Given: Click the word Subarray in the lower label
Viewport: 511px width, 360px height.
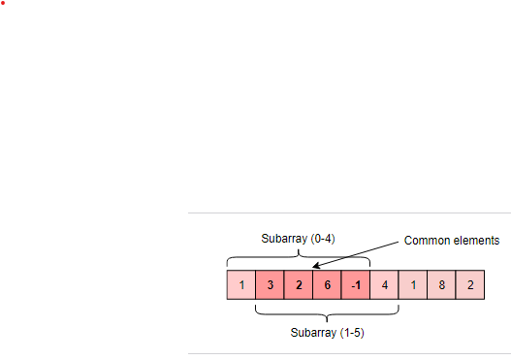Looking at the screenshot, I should pyautogui.click(x=313, y=332).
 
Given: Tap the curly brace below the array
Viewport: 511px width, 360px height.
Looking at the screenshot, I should pyautogui.click(x=328, y=313).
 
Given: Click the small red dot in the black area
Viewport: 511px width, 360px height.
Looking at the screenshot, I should pyautogui.click(x=3, y=3).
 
